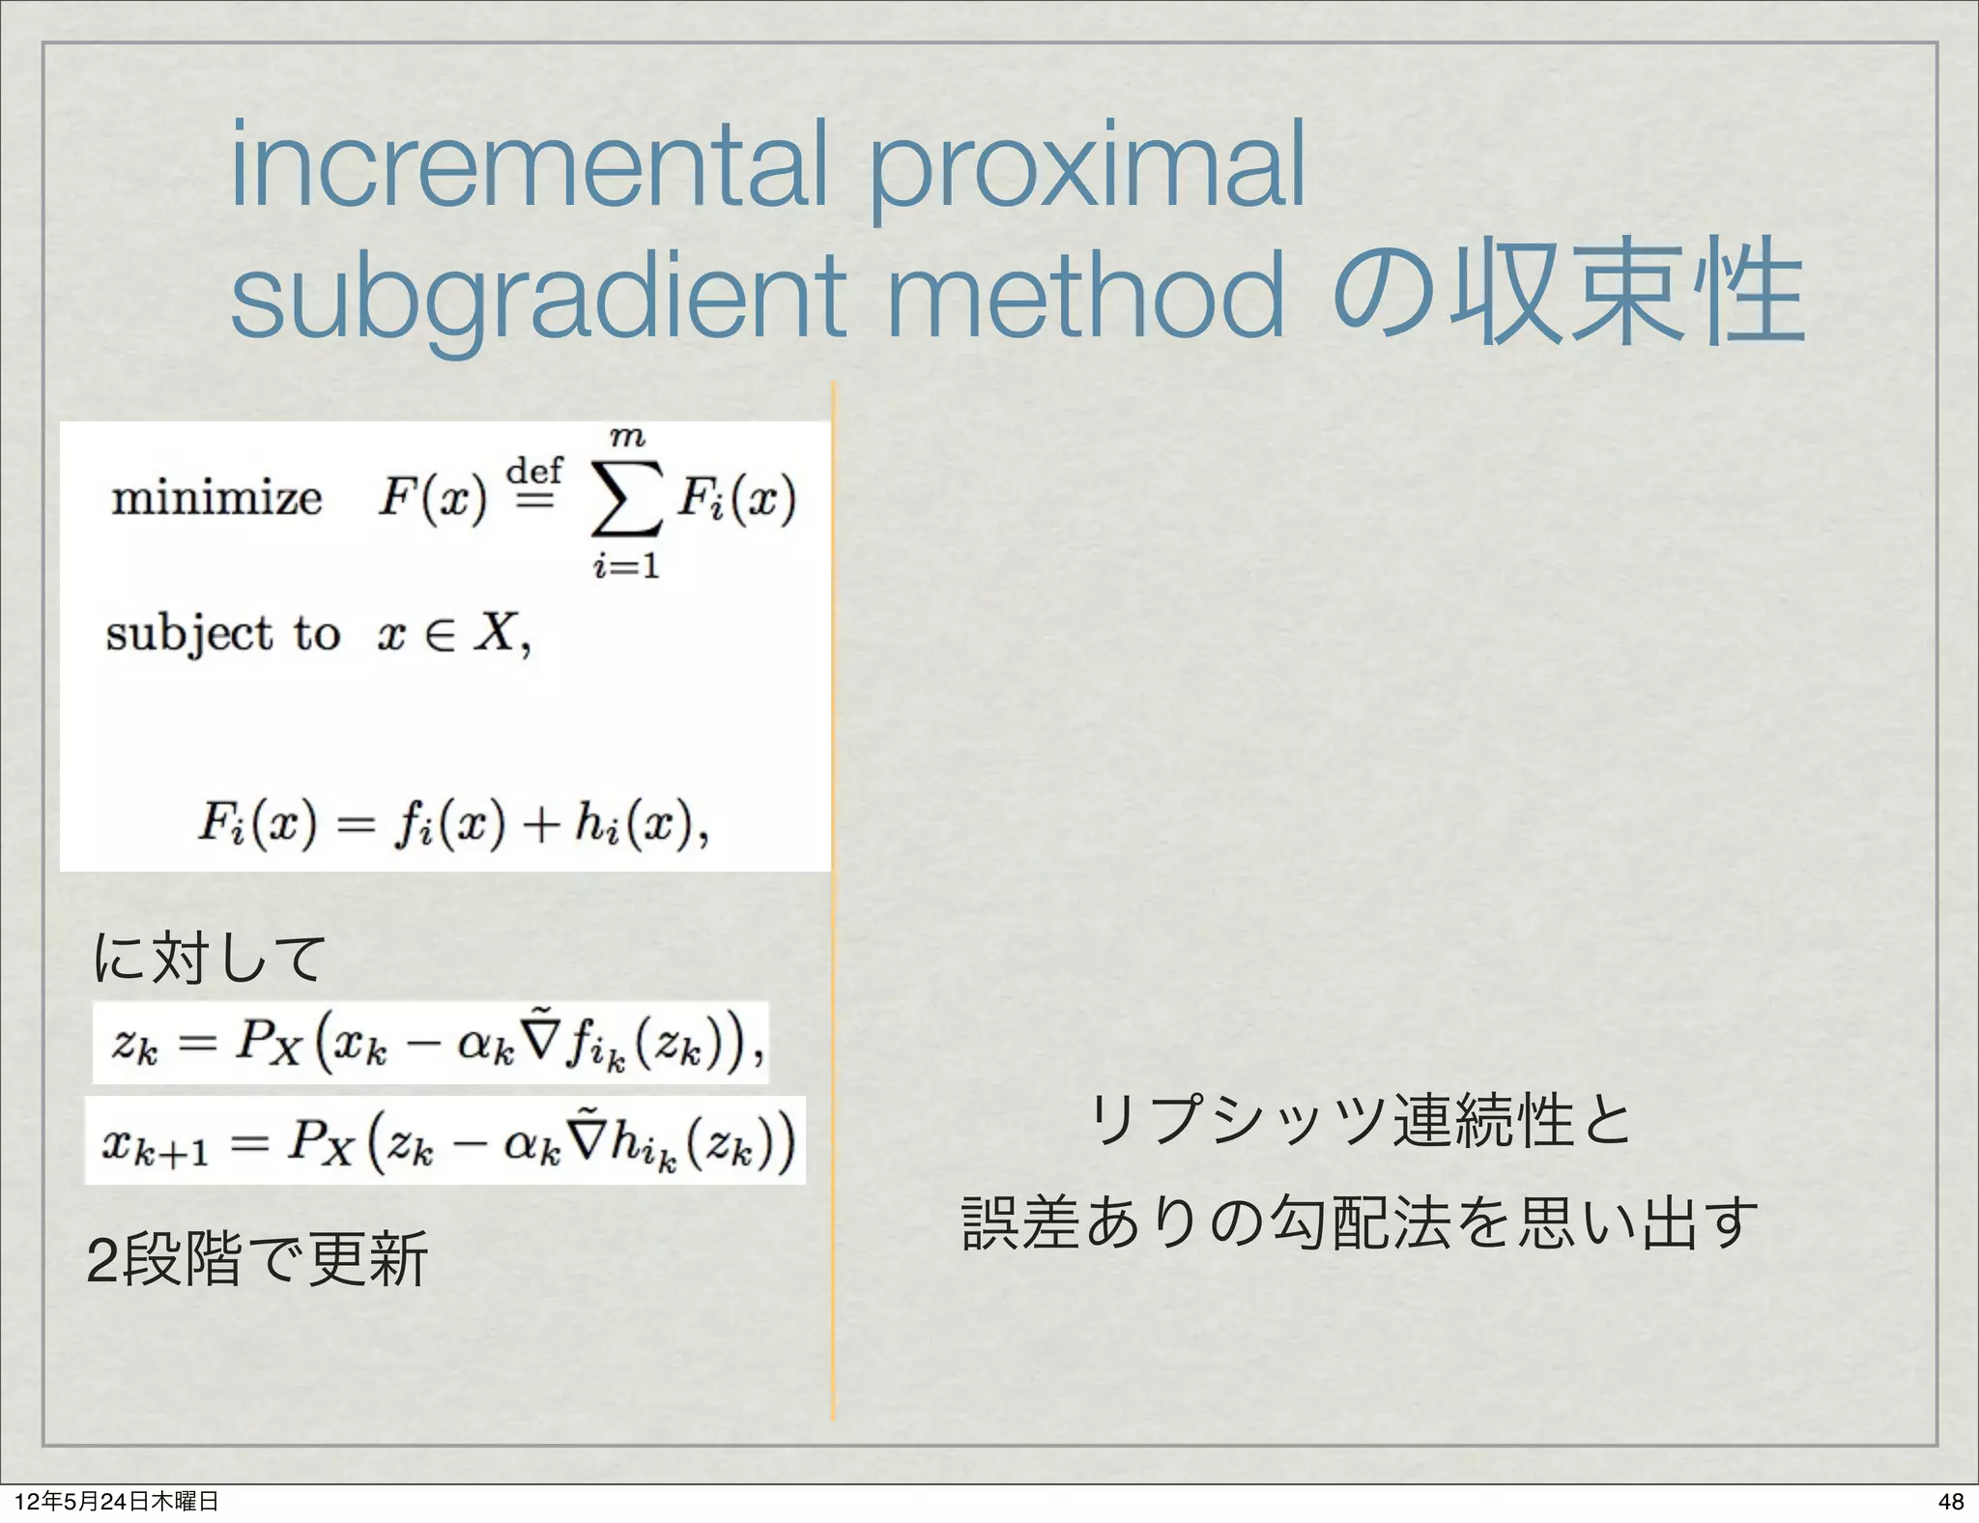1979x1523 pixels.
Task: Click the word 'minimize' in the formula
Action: tap(216, 500)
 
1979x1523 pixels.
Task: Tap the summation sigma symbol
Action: tap(626, 499)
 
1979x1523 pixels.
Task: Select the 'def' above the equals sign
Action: tap(534, 471)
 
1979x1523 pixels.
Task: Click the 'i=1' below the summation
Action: tap(626, 565)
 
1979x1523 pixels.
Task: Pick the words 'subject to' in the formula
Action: tap(223, 635)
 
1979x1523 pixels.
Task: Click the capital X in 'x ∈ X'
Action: tap(499, 634)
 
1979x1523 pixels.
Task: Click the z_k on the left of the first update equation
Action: tap(134, 1045)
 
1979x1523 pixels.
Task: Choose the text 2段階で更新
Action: tap(257, 1259)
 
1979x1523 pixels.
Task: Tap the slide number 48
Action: tap(1950, 1501)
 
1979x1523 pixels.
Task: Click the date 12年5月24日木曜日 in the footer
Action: tap(117, 1501)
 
